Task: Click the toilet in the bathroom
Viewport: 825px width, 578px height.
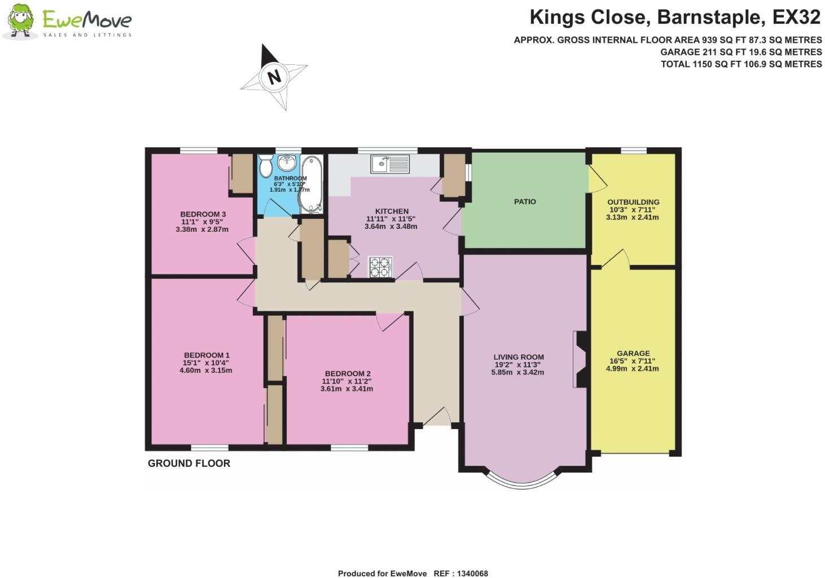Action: [265, 166]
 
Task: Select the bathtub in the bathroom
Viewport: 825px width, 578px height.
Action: [311, 184]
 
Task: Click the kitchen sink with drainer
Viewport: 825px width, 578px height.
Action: [390, 164]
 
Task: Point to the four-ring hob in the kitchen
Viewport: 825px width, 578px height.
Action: [380, 267]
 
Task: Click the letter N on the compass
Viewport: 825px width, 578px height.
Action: [274, 77]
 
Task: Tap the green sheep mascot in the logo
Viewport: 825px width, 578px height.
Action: [21, 21]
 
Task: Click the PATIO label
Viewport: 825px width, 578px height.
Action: [525, 202]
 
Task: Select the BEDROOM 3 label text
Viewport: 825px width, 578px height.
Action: [203, 214]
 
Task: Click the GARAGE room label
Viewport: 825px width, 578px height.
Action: [634, 353]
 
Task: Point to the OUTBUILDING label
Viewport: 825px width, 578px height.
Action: [633, 202]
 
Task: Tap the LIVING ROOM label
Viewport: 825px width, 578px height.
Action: [519, 357]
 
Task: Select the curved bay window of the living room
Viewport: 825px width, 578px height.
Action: [522, 484]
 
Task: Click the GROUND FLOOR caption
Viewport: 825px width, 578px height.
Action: [189, 463]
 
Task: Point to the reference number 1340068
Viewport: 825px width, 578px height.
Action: [472, 573]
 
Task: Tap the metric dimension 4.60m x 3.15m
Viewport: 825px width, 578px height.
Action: [206, 370]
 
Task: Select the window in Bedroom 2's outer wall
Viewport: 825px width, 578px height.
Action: [349, 448]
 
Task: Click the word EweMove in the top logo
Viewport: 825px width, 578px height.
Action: [87, 19]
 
